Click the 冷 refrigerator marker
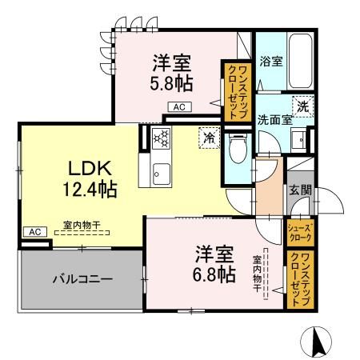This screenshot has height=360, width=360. [x=207, y=137]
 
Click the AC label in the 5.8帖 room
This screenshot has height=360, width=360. [x=179, y=107]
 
